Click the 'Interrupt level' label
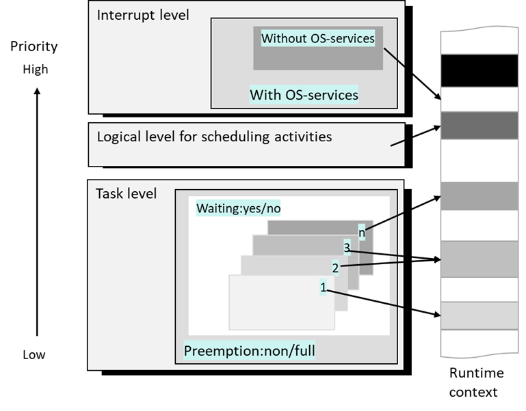[143, 15]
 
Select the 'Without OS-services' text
[318, 38]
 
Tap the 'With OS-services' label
[304, 94]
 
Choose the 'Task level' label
[126, 194]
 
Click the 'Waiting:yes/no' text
[238, 208]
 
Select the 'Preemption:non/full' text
[250, 352]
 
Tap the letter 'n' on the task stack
[363, 232]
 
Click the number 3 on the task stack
[347, 249]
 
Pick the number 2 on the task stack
[335, 268]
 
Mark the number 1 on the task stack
[324, 287]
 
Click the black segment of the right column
[479, 70]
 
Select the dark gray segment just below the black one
[479, 126]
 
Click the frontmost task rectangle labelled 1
[280, 304]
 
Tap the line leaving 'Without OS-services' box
[395, 56]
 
